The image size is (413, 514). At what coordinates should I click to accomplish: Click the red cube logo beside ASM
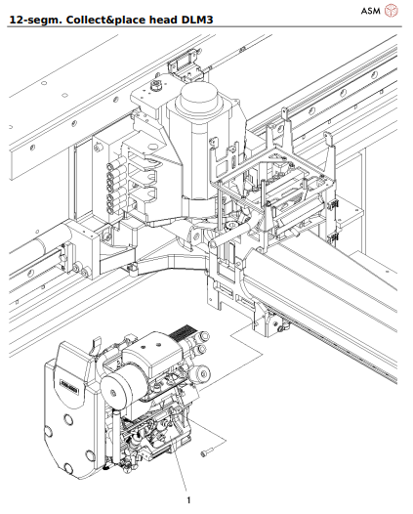coord(392,11)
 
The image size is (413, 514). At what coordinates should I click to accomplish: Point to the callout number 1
coord(188,499)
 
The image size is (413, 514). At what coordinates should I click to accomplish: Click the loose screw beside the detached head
coord(208,450)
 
